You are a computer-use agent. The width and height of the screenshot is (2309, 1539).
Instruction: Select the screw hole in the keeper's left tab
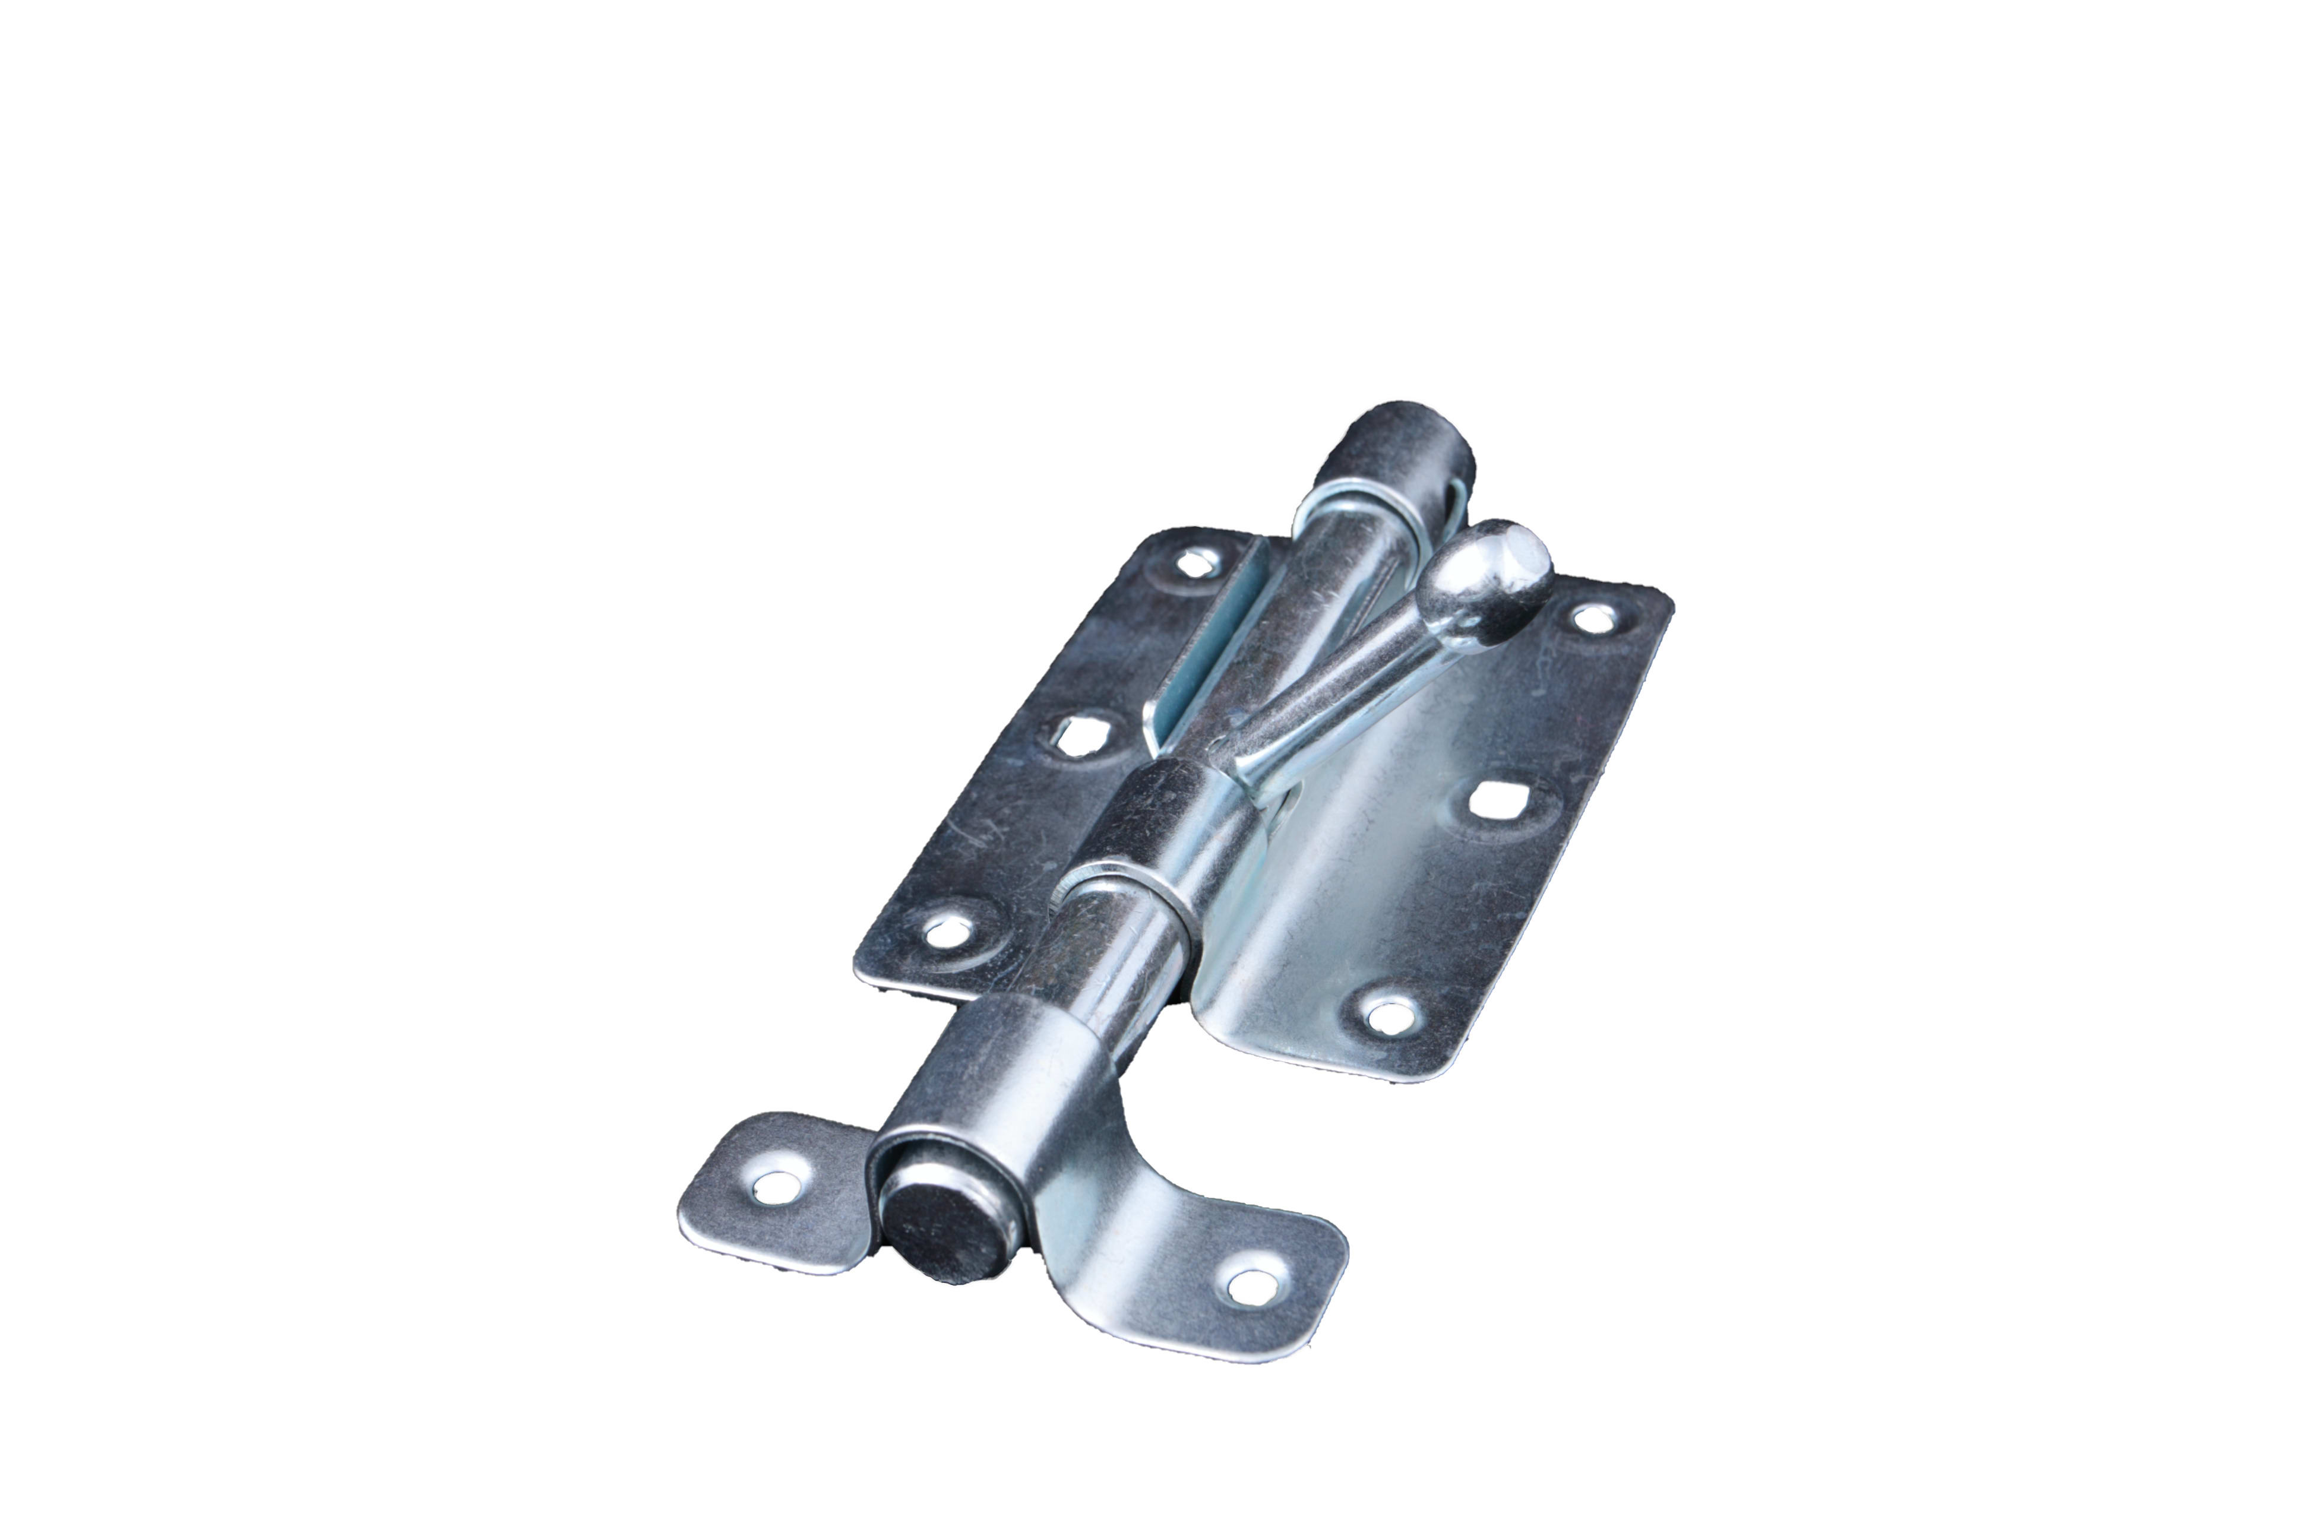[777, 1187]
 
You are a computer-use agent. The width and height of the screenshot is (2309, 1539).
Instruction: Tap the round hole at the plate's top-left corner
[1195, 562]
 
